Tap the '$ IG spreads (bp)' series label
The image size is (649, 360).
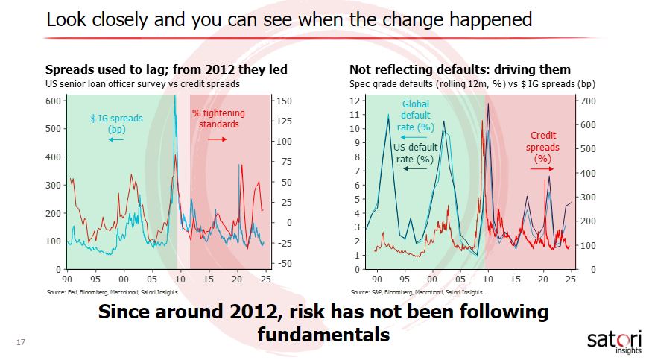(x=117, y=123)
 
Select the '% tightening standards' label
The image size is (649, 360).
(x=218, y=119)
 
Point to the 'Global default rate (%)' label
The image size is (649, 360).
(x=417, y=116)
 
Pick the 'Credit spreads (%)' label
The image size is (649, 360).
(x=542, y=147)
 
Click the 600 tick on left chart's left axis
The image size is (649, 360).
(x=54, y=100)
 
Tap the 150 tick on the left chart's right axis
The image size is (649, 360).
(x=283, y=101)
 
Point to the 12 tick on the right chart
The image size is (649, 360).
(x=356, y=101)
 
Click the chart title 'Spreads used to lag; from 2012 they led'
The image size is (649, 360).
(x=167, y=70)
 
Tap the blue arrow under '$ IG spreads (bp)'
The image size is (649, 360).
(x=116, y=139)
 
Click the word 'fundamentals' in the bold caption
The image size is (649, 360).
(x=323, y=335)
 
